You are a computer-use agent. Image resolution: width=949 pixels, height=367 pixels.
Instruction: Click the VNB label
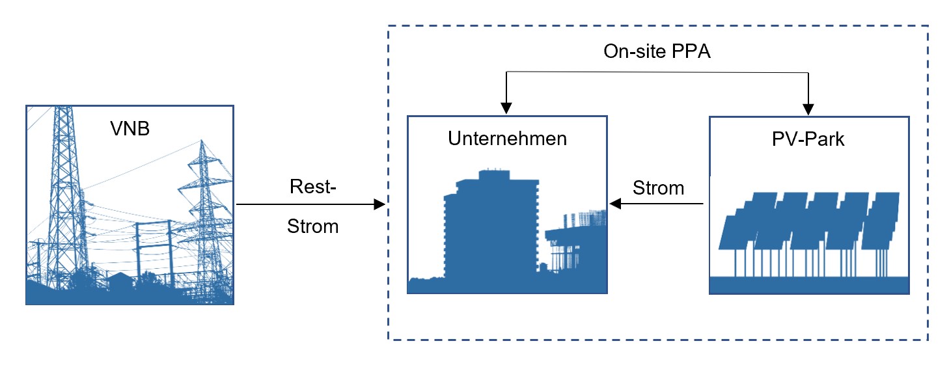tap(130, 129)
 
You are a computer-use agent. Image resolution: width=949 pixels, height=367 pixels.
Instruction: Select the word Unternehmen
tap(507, 139)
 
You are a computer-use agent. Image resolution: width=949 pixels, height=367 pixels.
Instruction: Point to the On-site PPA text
tap(657, 51)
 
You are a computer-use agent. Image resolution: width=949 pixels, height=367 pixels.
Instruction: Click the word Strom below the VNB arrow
tap(312, 226)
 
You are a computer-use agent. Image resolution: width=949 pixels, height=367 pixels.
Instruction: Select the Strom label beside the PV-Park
tap(658, 189)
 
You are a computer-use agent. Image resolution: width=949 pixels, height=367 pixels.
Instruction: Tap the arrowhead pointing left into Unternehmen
tap(615, 205)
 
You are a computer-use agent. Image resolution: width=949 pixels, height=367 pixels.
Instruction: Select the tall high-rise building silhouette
tap(491, 224)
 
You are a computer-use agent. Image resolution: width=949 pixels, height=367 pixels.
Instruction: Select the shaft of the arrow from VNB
tap(306, 205)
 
